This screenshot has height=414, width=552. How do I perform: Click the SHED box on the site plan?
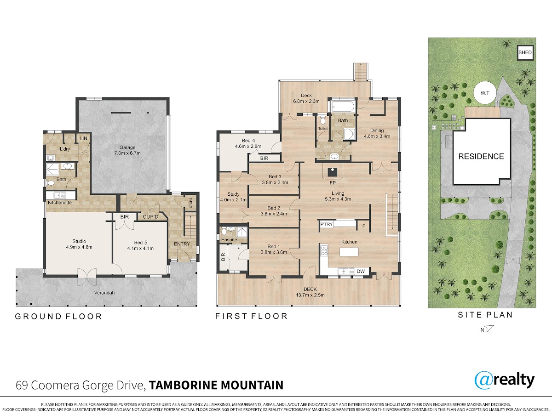pyautogui.click(x=525, y=52)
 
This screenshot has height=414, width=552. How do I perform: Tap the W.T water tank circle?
pyautogui.click(x=485, y=93)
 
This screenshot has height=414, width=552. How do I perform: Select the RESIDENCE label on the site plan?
pyautogui.click(x=481, y=156)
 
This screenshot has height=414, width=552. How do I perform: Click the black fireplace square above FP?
pyautogui.click(x=333, y=172)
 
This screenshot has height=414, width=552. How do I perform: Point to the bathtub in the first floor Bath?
pyautogui.click(x=343, y=106)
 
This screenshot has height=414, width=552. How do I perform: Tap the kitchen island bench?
pyautogui.click(x=349, y=252)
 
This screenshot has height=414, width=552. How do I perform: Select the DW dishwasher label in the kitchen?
pyautogui.click(x=361, y=271)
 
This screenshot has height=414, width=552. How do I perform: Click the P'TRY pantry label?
pyautogui.click(x=327, y=224)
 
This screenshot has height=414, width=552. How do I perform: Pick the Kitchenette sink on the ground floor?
pyautogui.click(x=60, y=195)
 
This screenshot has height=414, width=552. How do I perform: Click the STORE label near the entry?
pyautogui.click(x=190, y=203)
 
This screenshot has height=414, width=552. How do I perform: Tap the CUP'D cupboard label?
pyautogui.click(x=150, y=216)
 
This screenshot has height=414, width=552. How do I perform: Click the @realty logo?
pyautogui.click(x=505, y=380)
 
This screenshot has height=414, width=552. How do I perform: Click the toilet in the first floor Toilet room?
pyautogui.click(x=322, y=120)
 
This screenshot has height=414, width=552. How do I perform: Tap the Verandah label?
pyautogui.click(x=104, y=293)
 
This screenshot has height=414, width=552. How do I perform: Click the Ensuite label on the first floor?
pyautogui.click(x=229, y=240)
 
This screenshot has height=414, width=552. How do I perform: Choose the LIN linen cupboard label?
pyautogui.click(x=84, y=138)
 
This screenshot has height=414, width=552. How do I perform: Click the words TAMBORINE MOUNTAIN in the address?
pyautogui.click(x=216, y=385)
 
